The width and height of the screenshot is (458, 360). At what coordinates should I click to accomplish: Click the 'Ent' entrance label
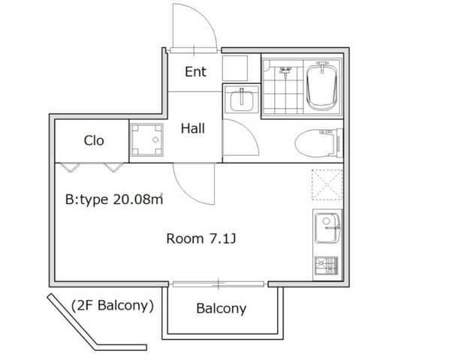click(195, 72)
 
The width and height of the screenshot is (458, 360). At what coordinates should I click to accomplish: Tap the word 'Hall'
click(192, 128)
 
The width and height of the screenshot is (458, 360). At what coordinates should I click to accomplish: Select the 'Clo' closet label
click(94, 140)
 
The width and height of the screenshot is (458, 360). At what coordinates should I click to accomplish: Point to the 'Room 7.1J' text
click(201, 238)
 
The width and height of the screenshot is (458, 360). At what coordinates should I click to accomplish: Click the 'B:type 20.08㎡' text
click(114, 199)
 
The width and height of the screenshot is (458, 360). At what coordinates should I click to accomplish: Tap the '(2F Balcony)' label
click(113, 306)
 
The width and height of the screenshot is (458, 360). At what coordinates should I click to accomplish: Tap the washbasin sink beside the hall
click(242, 100)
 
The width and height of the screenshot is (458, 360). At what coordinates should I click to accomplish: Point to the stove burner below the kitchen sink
click(327, 265)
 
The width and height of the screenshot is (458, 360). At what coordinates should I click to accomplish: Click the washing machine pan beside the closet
click(146, 140)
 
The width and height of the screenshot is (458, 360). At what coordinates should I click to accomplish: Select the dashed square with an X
click(327, 185)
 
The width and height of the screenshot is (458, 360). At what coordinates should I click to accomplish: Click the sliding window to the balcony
click(218, 283)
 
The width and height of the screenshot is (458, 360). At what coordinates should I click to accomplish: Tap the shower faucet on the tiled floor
click(285, 71)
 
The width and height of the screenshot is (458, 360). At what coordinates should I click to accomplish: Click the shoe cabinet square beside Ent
click(235, 68)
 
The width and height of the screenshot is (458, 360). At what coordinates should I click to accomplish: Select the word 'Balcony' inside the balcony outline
click(221, 309)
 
